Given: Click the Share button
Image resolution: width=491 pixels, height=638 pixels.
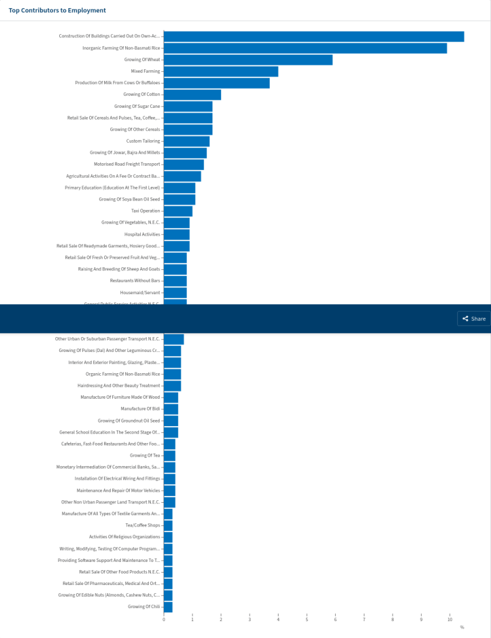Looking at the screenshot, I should pos(474,318).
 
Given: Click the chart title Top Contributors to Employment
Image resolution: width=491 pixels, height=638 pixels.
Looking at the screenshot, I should pos(57,11).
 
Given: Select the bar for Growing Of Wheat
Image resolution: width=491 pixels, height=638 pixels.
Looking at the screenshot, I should pos(248,60).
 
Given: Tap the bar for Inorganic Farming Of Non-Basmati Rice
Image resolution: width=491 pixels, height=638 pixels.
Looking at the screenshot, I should pos(305,48).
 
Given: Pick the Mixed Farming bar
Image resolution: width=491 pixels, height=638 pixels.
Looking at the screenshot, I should pos(221,72).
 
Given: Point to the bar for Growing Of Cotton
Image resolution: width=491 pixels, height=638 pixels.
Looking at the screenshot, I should pos(192,95).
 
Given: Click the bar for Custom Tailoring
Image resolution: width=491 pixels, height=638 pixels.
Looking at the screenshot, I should pos(186,141).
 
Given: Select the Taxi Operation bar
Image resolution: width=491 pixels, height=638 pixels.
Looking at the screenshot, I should pos(178,211).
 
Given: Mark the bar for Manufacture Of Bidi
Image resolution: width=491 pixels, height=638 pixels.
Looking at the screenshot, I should pos(171,409).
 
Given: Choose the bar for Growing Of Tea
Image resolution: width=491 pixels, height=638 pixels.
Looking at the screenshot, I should pos(169,455).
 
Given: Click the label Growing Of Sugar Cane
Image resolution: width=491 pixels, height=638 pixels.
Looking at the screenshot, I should pos(137,107).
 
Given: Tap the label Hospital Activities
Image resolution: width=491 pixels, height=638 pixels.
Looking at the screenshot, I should pos(142,234).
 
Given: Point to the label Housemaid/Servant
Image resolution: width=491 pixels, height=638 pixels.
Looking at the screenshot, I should pos(140,292).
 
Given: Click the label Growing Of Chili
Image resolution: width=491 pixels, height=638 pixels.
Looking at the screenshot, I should pos(144,606).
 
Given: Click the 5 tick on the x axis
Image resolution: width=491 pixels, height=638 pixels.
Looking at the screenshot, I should pos(307,619).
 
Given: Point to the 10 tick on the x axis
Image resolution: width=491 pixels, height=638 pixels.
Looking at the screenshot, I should pos(450,619).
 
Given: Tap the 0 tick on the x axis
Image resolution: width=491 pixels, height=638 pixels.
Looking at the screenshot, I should pos(164,619).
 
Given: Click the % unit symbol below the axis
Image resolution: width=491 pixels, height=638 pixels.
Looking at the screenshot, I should pos(462,627).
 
